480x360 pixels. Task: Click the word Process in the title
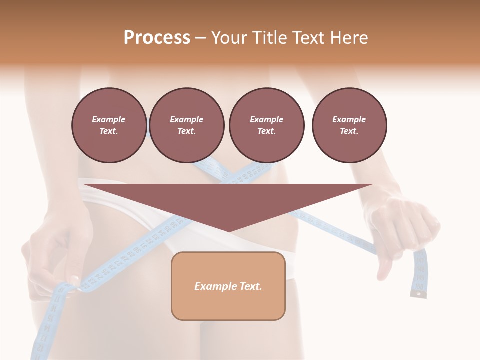157,38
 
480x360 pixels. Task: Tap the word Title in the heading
268,38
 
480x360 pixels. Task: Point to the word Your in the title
228,38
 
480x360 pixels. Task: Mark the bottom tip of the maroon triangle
228,231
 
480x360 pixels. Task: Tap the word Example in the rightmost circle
349,119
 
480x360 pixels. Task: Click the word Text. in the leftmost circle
109,131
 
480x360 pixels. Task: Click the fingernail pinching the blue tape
74,279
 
